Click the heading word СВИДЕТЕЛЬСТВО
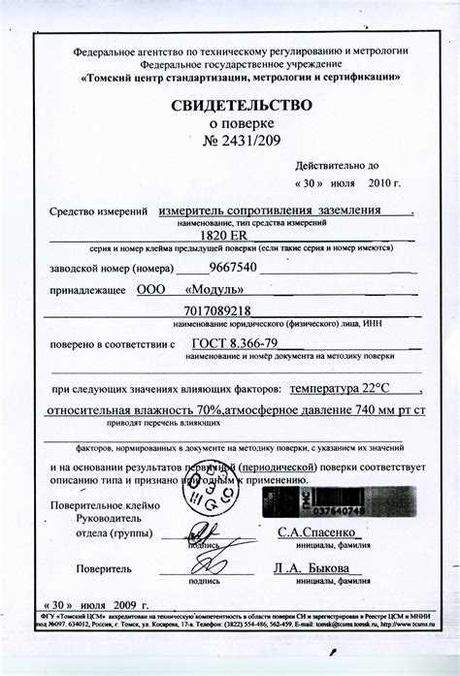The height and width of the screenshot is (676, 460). click(x=243, y=105)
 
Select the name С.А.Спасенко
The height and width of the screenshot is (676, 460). click(x=319, y=532)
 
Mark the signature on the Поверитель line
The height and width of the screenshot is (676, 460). click(x=208, y=563)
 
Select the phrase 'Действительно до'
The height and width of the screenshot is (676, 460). click(x=330, y=165)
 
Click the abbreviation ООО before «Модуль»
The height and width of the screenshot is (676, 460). click(x=151, y=289)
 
